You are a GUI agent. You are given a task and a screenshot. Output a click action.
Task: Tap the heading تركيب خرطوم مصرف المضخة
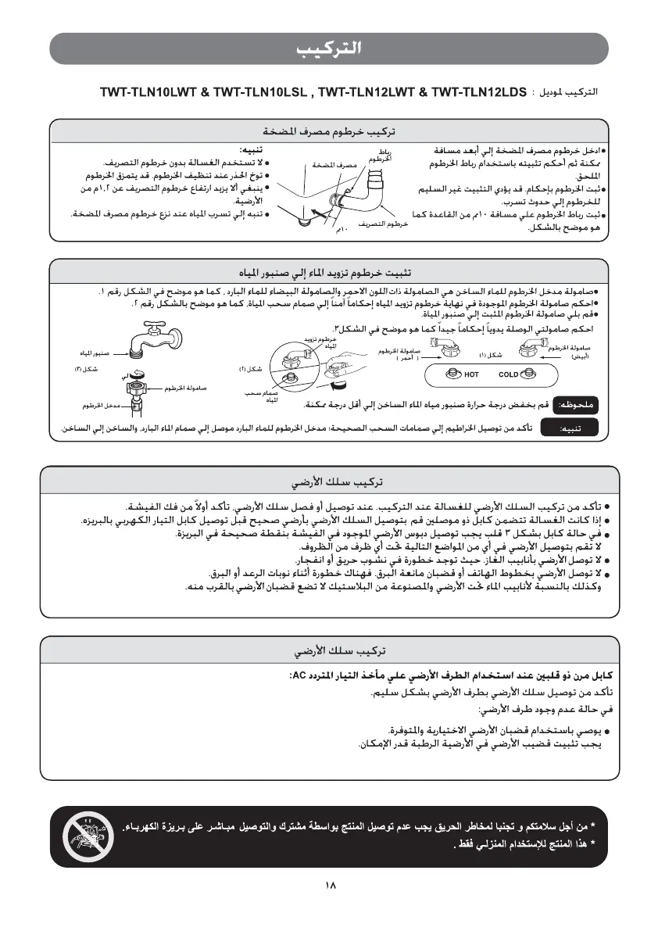tap(329, 130)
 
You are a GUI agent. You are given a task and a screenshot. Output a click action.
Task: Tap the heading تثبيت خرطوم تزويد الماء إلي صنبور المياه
tap(329, 272)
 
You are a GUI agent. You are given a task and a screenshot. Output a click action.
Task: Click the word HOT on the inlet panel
tap(471, 374)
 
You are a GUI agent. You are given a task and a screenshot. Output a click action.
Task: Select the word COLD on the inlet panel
tap(508, 374)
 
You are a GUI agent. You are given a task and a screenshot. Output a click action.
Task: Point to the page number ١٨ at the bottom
tap(329, 886)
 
